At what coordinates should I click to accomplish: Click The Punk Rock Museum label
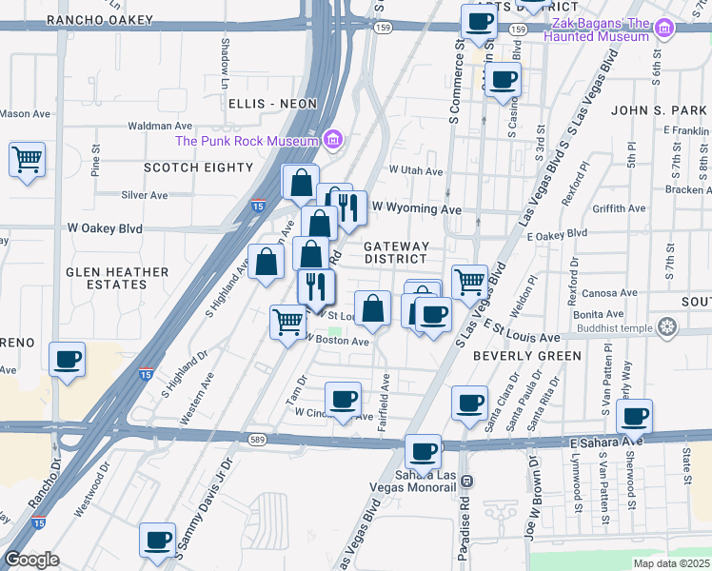246,142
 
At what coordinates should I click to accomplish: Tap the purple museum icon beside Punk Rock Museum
331,141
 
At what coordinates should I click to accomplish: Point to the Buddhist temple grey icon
667,328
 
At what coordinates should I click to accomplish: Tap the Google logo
31,560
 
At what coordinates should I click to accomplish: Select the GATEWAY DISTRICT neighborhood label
396,252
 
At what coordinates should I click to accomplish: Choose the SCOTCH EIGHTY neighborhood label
199,167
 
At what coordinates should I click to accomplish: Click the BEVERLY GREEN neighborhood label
526,356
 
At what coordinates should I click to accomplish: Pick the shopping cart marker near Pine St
28,160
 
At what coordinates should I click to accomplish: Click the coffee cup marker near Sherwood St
635,417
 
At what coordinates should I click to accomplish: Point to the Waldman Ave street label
159,126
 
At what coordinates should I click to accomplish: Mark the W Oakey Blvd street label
104,228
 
